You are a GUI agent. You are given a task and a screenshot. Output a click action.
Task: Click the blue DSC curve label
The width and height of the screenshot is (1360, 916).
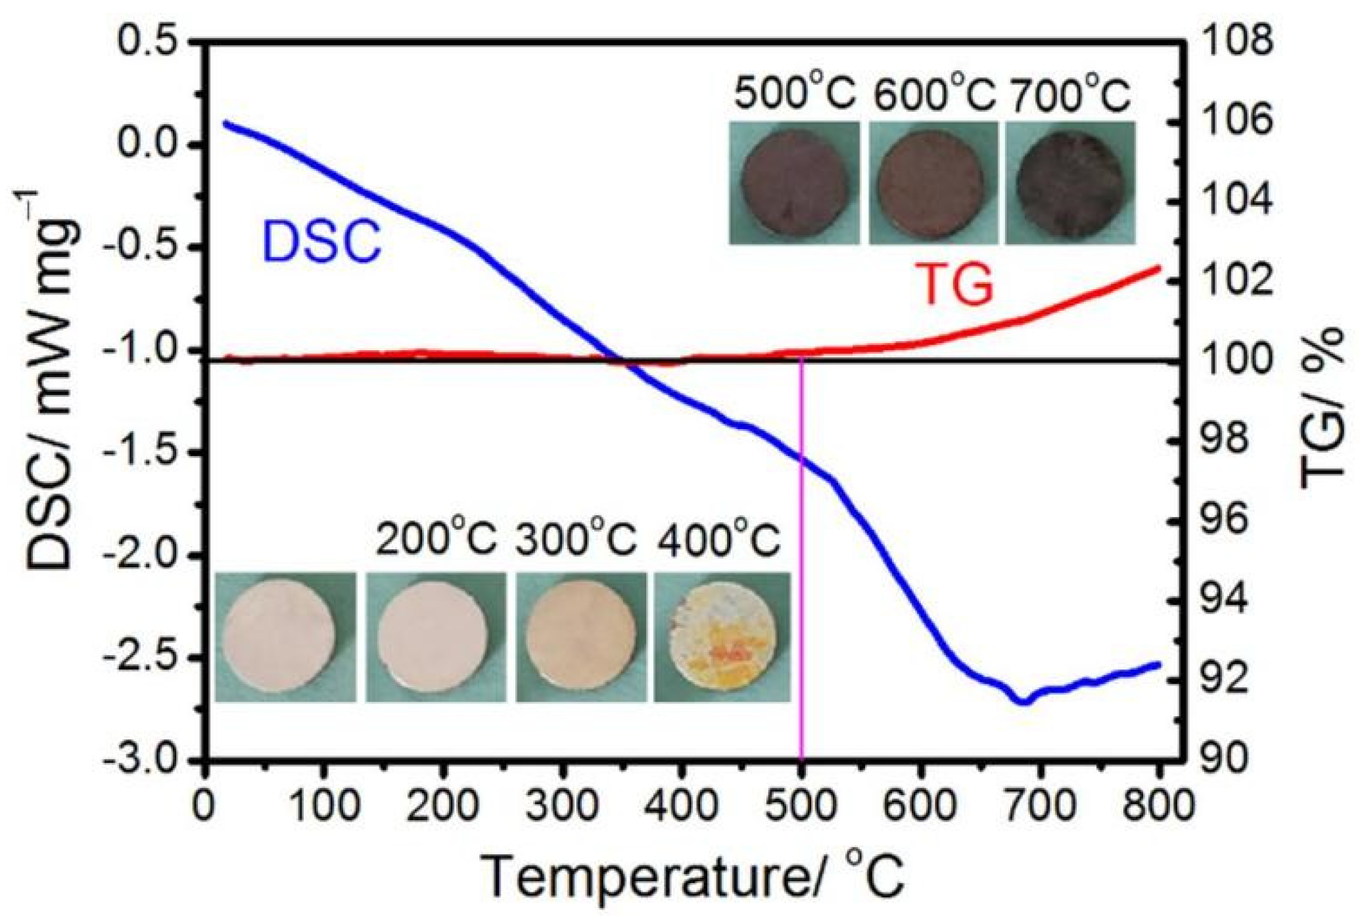[x=321, y=241]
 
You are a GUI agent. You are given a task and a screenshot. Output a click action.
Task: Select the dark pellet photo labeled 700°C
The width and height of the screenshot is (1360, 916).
[x=1070, y=183]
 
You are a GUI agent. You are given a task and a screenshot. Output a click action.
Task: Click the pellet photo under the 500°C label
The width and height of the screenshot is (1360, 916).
[x=794, y=183]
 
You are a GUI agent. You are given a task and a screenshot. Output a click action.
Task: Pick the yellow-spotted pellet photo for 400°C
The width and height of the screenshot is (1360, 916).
[x=722, y=636]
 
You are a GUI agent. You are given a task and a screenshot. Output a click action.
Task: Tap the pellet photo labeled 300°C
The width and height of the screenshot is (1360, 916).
[x=581, y=636]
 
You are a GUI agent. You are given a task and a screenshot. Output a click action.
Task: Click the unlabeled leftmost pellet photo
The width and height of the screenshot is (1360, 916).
[x=285, y=636]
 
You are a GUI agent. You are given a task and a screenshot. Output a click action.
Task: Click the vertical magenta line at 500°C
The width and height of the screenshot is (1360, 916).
[x=801, y=591]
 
